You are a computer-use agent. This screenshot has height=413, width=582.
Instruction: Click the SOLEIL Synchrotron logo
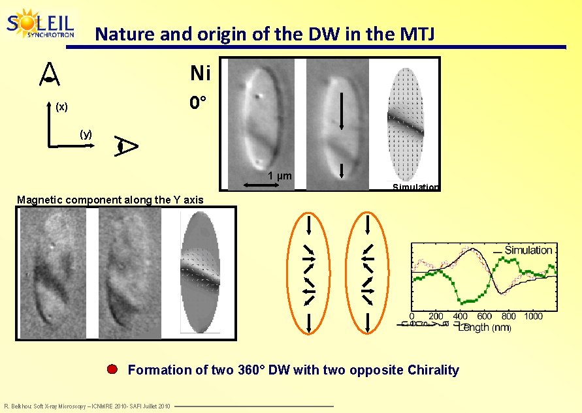pyautogui.click(x=40, y=24)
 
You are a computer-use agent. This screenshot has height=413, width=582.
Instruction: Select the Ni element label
pyautogui.click(x=200, y=74)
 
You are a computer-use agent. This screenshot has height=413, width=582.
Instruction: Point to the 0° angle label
pyautogui.click(x=199, y=103)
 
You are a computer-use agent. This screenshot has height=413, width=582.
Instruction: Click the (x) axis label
pyautogui.click(x=61, y=106)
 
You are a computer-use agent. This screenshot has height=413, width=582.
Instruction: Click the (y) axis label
pyautogui.click(x=86, y=134)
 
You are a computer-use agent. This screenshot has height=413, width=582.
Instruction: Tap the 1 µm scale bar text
pyautogui.click(x=280, y=176)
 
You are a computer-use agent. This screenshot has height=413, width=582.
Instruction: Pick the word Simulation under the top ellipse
pyautogui.click(x=415, y=187)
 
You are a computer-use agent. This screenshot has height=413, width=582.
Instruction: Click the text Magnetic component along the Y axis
pyautogui.click(x=110, y=200)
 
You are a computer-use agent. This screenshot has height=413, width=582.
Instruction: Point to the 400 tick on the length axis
pyautogui.click(x=461, y=316)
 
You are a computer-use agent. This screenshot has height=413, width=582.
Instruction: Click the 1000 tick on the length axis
pyautogui.click(x=533, y=316)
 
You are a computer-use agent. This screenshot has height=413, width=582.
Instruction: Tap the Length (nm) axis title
pyautogui.click(x=484, y=327)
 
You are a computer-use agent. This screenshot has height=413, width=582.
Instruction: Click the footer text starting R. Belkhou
pyautogui.click(x=87, y=406)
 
